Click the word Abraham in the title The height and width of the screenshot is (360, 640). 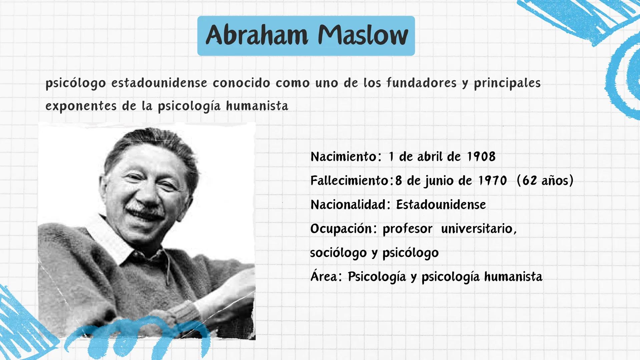[257, 35]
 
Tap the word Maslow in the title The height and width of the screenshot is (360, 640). [363, 35]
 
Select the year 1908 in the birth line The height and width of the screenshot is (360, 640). [481, 157]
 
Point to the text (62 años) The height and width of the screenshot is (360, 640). [545, 181]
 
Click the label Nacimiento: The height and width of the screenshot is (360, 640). [346, 157]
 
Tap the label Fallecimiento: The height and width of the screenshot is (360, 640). [352, 181]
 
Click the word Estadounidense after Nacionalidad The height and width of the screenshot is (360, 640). [441, 205]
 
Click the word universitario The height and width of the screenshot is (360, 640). [479, 229]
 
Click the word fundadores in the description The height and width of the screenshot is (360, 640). [422, 83]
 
